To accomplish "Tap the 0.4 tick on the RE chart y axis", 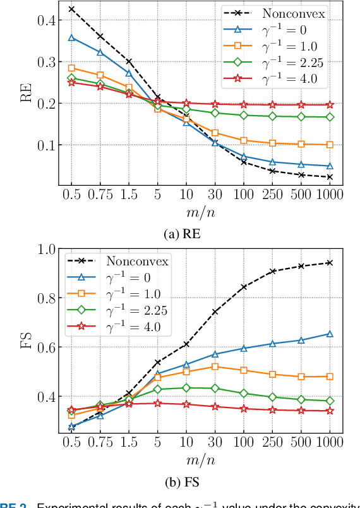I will [x=47, y=20].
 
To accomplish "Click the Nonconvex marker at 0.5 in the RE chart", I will [x=71, y=9].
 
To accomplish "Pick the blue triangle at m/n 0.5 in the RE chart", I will [x=71, y=38].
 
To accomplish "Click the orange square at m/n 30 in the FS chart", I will [x=215, y=366].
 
